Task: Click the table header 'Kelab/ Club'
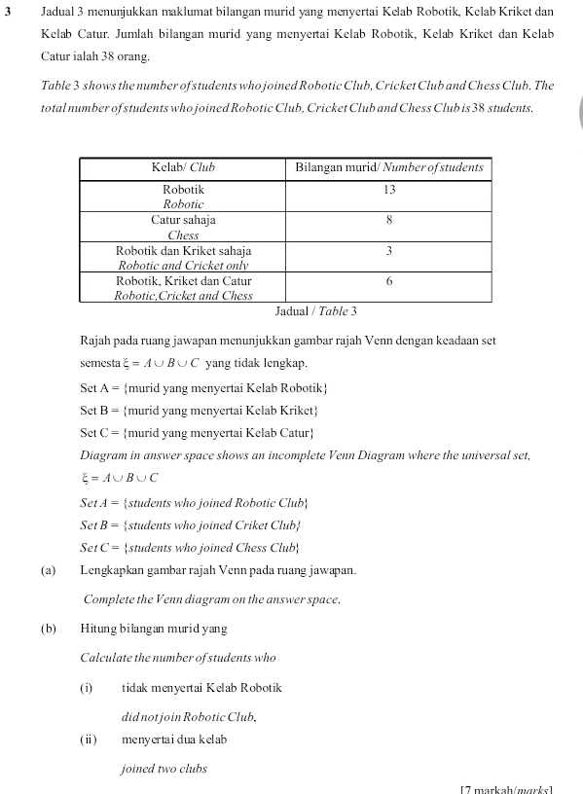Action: pos(183,167)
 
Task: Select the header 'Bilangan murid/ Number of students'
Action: pos(389,167)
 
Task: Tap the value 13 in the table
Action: pos(389,189)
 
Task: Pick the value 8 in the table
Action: pos(389,220)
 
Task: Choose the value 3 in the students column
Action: pos(389,251)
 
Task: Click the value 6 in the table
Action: pos(389,281)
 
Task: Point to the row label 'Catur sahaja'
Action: pos(183,220)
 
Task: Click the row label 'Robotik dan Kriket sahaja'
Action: pos(183,251)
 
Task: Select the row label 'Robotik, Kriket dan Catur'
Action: pos(183,281)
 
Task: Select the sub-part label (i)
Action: pos(87,688)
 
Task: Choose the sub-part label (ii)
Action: pos(89,740)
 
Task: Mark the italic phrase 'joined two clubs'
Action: pos(164,769)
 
